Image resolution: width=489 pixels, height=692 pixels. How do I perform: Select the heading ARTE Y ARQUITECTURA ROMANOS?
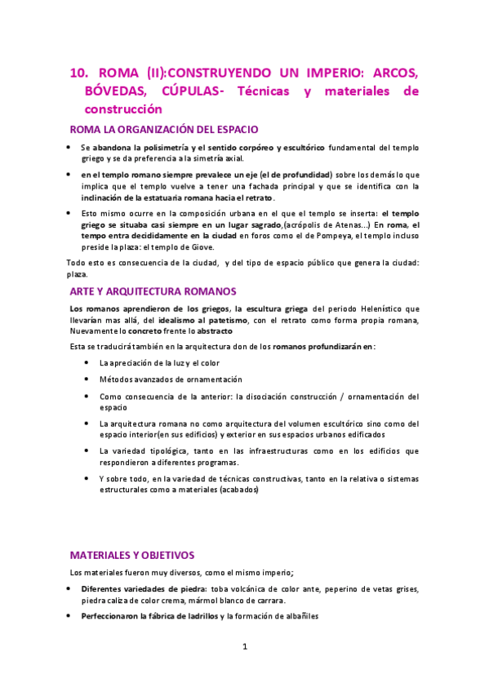153,291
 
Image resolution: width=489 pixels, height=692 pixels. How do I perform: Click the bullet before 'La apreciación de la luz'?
87,362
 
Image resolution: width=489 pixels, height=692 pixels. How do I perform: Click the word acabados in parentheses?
238,490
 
